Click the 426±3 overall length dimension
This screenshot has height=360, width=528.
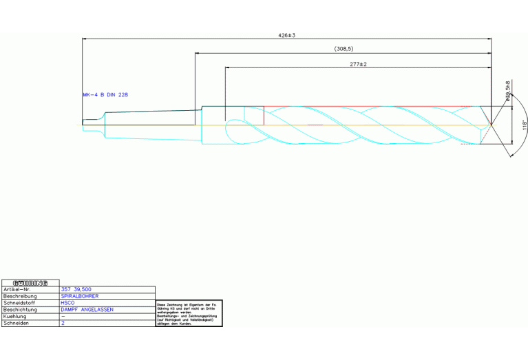tap(286, 34)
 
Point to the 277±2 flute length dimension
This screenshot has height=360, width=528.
tap(358, 64)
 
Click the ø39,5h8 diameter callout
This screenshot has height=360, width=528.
tap(507, 92)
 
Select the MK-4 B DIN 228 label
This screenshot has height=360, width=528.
tap(105, 95)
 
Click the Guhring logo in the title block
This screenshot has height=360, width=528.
tap(30, 283)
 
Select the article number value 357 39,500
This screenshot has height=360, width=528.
tap(76, 290)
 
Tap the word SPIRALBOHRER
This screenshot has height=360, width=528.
tap(80, 297)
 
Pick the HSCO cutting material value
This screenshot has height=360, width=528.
tap(67, 303)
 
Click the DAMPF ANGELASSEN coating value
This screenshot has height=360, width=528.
tap(87, 310)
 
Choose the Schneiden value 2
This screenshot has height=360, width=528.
tap(63, 323)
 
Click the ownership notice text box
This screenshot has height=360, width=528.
tap(187, 313)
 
